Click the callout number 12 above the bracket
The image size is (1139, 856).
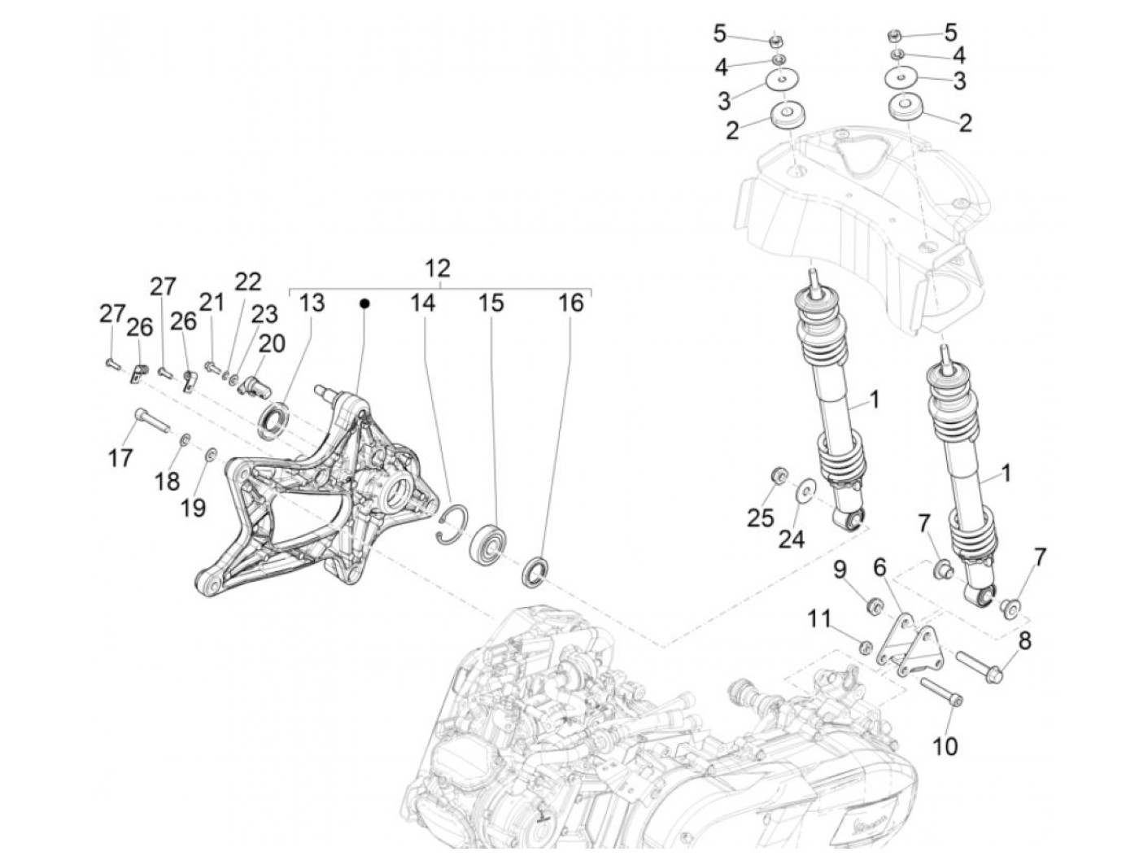pyautogui.click(x=437, y=268)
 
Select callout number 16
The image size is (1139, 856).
pyautogui.click(x=570, y=304)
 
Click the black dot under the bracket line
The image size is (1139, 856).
pyautogui.click(x=365, y=304)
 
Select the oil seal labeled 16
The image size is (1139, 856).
pyautogui.click(x=535, y=570)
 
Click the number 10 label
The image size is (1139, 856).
pyautogui.click(x=945, y=745)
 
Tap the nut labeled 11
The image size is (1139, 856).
pyautogui.click(x=866, y=648)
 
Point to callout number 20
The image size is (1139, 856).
pyautogui.click(x=272, y=343)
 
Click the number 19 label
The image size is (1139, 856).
pyautogui.click(x=193, y=508)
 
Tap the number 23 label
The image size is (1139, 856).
pyautogui.click(x=264, y=314)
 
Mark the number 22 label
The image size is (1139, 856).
pyautogui.click(x=248, y=282)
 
